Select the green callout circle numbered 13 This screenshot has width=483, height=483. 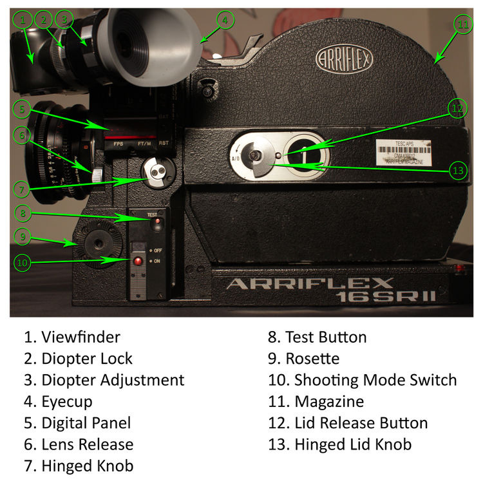click(458, 171)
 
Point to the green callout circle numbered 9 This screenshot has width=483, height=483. click(23, 236)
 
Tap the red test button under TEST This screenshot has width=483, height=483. click(156, 224)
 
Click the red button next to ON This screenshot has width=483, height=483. click(137, 261)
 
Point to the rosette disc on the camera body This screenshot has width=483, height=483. click(97, 243)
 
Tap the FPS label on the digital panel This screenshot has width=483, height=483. click(118, 144)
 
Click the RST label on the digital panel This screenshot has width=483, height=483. click(164, 144)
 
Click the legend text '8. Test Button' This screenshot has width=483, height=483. click(317, 337)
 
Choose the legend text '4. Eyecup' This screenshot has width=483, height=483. click(58, 402)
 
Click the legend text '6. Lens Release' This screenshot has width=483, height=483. click(79, 444)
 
